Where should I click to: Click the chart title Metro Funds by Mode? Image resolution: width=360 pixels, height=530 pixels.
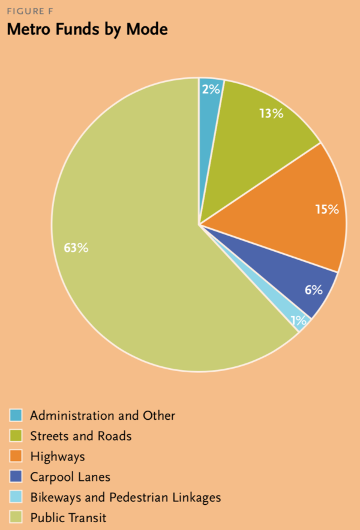click(x=87, y=30)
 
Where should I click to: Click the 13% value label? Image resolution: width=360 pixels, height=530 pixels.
click(x=271, y=113)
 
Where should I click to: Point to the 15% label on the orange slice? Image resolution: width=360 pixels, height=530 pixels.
click(x=328, y=209)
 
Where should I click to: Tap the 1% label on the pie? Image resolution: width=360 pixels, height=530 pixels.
click(x=298, y=321)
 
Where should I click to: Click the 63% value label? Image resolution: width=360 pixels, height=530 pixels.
click(x=76, y=248)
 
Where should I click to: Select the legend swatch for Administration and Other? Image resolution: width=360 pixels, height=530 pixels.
click(x=16, y=415)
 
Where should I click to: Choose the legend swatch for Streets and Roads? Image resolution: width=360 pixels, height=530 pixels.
click(x=16, y=436)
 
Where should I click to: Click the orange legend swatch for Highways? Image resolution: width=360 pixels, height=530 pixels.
click(x=16, y=456)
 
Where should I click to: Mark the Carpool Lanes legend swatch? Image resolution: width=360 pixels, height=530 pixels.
click(x=16, y=477)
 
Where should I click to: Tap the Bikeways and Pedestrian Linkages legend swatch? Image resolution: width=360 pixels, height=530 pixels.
click(x=16, y=497)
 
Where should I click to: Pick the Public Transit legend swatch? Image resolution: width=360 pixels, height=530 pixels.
click(x=16, y=517)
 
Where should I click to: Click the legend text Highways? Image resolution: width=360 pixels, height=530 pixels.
click(x=58, y=457)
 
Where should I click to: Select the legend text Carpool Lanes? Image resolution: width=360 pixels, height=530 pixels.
click(x=70, y=477)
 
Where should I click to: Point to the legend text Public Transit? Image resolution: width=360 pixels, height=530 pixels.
click(x=68, y=518)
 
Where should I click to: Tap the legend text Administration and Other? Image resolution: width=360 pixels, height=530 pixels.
click(x=103, y=415)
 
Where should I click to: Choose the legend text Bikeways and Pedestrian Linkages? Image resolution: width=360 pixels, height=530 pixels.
click(x=125, y=498)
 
